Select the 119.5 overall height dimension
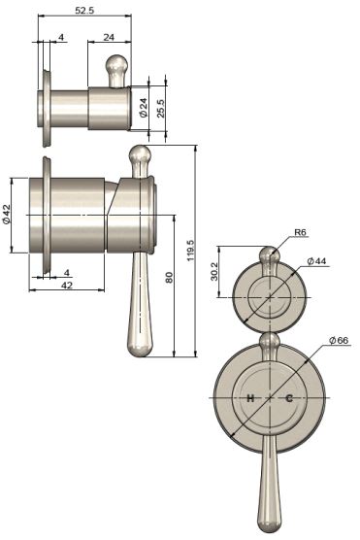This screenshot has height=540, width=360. (190, 253)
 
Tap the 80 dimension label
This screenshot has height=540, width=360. (169, 279)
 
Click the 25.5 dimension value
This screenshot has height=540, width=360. (162, 106)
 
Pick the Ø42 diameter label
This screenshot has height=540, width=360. (7, 214)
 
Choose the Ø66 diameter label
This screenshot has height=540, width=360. (337, 340)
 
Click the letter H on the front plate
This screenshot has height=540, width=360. (249, 399)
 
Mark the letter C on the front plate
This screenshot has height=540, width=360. (288, 399)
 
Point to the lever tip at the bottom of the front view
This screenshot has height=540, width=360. (268, 523)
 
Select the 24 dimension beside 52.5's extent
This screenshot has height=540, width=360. (108, 38)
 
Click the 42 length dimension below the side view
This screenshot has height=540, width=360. (66, 287)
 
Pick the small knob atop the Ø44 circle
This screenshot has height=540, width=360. (269, 255)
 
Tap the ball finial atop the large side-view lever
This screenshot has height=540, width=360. (139, 155)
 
